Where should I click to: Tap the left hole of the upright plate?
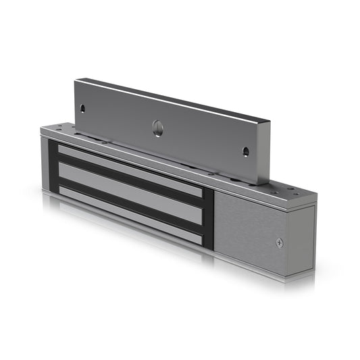82,107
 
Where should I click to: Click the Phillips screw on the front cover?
280,242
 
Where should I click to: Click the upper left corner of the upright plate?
76,82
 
